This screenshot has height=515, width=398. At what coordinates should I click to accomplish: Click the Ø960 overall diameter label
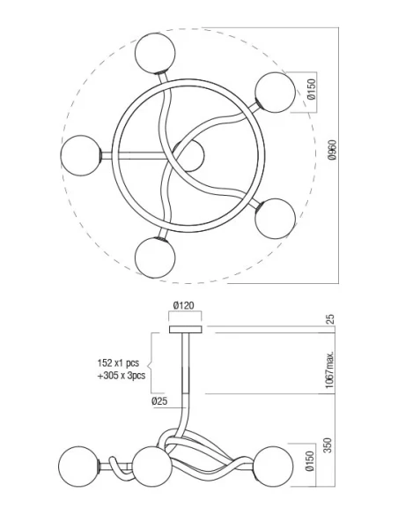pyautogui.click(x=332, y=150)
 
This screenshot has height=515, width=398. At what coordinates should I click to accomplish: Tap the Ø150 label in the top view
pyautogui.click(x=311, y=89)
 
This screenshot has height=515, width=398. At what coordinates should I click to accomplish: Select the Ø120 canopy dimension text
pyautogui.click(x=184, y=306)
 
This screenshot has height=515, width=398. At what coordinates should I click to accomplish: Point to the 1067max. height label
pyautogui.click(x=330, y=369)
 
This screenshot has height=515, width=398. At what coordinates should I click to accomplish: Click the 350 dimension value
pyautogui.click(x=328, y=445)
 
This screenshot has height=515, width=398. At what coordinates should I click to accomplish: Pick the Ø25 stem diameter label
pyautogui.click(x=159, y=401)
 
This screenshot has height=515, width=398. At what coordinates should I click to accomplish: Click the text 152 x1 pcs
pyautogui.click(x=118, y=363)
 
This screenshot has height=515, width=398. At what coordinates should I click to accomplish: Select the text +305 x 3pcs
pyautogui.click(x=122, y=376)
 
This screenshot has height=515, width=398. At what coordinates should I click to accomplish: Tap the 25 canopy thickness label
pyautogui.click(x=330, y=319)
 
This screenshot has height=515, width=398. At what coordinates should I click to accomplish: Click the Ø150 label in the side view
pyautogui.click(x=310, y=461)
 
